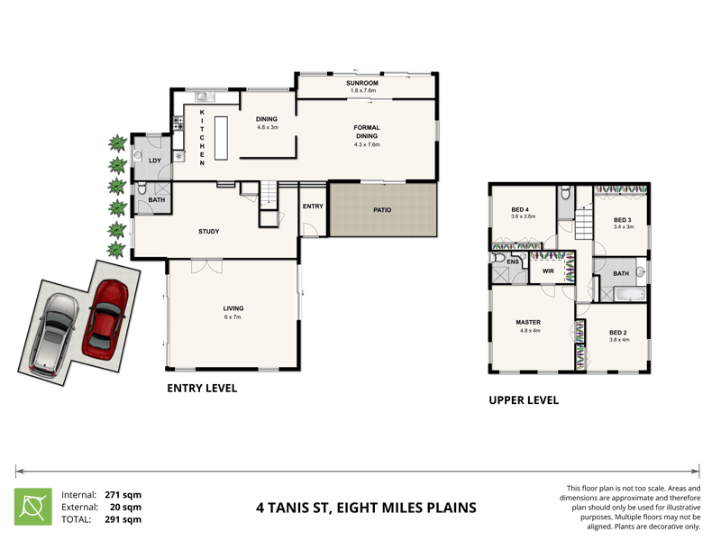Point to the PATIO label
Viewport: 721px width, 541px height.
tap(382, 210)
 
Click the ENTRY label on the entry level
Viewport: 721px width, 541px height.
tap(313, 206)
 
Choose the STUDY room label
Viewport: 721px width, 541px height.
tap(209, 232)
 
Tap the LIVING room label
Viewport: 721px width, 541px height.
tap(233, 308)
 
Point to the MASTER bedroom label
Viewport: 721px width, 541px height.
tap(528, 322)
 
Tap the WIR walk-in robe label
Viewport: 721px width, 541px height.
tap(547, 270)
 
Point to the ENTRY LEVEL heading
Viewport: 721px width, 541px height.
tap(202, 390)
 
